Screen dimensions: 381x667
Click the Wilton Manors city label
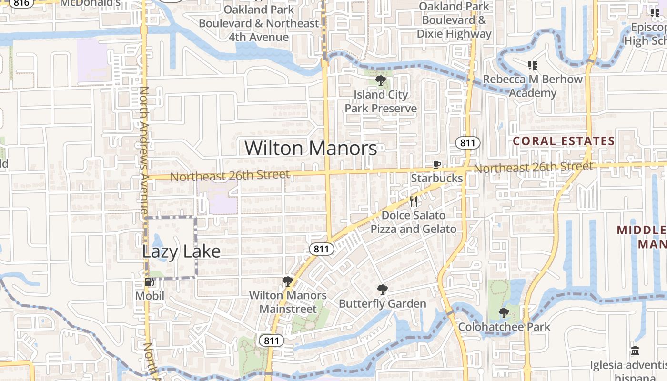(x=311, y=148)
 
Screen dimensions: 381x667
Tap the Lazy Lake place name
(x=181, y=251)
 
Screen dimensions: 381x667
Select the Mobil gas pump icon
(x=150, y=282)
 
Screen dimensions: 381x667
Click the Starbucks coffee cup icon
(x=436, y=165)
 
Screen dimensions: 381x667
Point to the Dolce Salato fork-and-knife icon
(x=414, y=201)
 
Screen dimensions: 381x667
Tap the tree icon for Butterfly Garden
(x=382, y=289)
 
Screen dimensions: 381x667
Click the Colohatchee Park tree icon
(x=504, y=313)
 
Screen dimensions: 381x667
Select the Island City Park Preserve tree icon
(x=380, y=80)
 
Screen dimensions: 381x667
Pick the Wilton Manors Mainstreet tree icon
(x=287, y=281)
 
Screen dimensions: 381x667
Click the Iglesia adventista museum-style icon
(x=635, y=351)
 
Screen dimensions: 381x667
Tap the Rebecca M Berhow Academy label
(x=533, y=86)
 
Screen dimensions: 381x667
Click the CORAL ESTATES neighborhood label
(x=564, y=141)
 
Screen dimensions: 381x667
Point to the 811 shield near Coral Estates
(x=467, y=142)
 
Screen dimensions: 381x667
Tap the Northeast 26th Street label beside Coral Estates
(x=533, y=167)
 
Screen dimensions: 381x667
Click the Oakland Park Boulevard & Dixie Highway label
(x=454, y=20)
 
